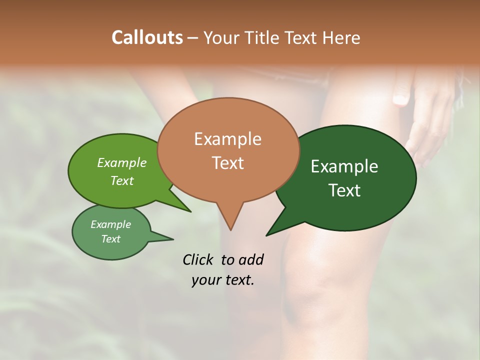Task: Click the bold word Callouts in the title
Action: click(x=147, y=37)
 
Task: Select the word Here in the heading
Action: click(x=341, y=37)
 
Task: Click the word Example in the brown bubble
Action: click(x=227, y=139)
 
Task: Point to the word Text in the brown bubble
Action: click(x=227, y=163)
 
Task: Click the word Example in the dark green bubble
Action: click(x=344, y=166)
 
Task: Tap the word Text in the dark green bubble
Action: click(x=344, y=190)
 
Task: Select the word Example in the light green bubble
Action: click(x=122, y=163)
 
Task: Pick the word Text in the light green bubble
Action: click(x=122, y=181)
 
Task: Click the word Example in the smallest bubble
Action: click(x=110, y=225)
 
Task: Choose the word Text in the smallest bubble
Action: click(x=110, y=239)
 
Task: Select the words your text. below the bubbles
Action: click(x=223, y=280)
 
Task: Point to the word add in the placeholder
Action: click(x=250, y=259)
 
